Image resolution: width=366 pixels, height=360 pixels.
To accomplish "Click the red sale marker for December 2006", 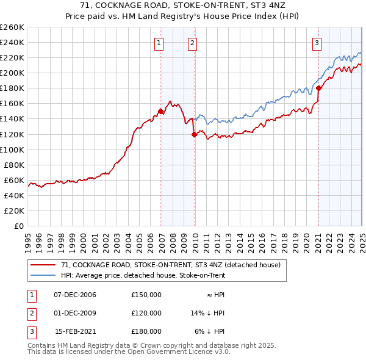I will (161, 111).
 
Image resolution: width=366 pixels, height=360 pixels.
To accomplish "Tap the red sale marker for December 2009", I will (194, 134).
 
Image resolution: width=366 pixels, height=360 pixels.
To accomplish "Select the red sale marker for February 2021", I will (318, 88).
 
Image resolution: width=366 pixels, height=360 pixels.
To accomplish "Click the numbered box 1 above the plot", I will (159, 43).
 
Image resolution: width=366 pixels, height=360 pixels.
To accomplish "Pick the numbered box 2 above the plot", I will (192, 43).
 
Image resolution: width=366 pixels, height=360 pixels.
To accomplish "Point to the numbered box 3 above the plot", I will (317, 43).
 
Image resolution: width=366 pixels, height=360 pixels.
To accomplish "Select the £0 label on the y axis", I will (19, 226).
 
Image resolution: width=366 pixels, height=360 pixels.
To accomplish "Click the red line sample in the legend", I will (43, 265).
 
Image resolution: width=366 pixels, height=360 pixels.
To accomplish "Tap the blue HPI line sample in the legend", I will (43, 275).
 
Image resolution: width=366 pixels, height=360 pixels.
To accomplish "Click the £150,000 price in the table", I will (146, 295).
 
